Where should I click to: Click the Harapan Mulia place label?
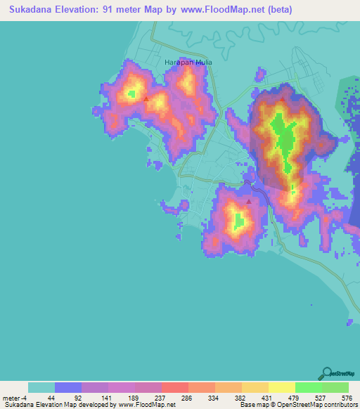[188, 62]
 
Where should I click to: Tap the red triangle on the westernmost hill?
[146, 99]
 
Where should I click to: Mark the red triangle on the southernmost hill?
[249, 202]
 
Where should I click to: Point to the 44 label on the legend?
[51, 397]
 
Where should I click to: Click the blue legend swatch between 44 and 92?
[68, 387]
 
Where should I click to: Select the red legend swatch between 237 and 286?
[174, 387]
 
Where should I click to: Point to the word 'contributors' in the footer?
[340, 405]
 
